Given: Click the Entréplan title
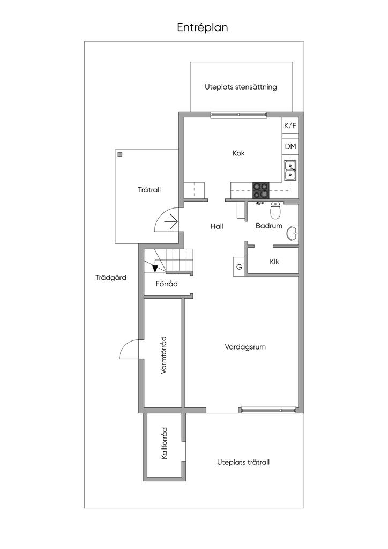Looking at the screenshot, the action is pos(202,28).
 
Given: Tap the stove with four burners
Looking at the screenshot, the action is pos(260,190).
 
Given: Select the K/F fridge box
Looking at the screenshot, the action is pos(290,125).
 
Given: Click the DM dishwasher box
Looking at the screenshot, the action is pos(290,146).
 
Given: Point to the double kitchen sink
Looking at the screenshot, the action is pos(290,170).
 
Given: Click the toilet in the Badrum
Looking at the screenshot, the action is pos(275,210).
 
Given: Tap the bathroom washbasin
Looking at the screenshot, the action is pos(293,233).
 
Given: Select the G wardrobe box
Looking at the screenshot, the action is pos(239,267).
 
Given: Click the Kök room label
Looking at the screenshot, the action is pos(238,153).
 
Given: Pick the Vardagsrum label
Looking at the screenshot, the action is pos(245,347).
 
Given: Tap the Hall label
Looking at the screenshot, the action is pos(217,226).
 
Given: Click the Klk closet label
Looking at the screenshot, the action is pos(274,262).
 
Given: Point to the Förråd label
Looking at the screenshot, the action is pos(167,284).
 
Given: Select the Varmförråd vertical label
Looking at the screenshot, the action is pos(163,356).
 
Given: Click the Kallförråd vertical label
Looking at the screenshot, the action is pos(164,443).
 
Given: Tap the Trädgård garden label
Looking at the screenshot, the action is pos(111,278).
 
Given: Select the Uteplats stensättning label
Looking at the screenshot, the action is pos(241,87).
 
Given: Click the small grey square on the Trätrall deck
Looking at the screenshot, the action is pos(121,154).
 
